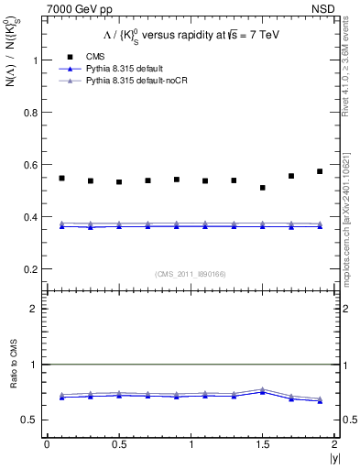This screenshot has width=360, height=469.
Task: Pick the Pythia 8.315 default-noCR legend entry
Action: coord(134,81)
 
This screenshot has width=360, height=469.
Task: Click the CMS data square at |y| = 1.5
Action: coord(263,188)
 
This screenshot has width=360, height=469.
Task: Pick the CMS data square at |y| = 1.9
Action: coord(320,171)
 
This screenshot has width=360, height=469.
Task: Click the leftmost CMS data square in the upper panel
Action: coord(61,178)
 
